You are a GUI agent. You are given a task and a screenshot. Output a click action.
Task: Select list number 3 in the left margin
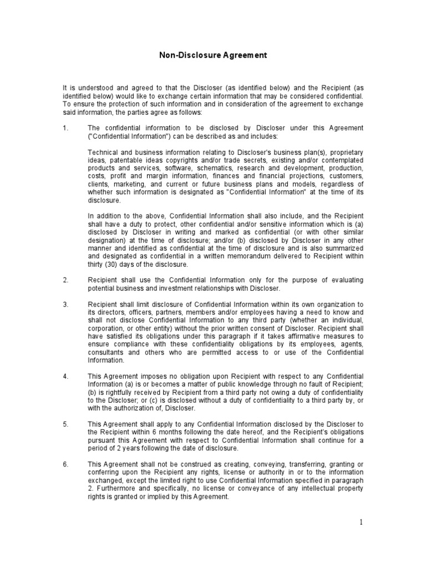click(x=65, y=305)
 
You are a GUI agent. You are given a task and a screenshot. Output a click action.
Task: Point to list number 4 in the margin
click(x=65, y=377)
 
